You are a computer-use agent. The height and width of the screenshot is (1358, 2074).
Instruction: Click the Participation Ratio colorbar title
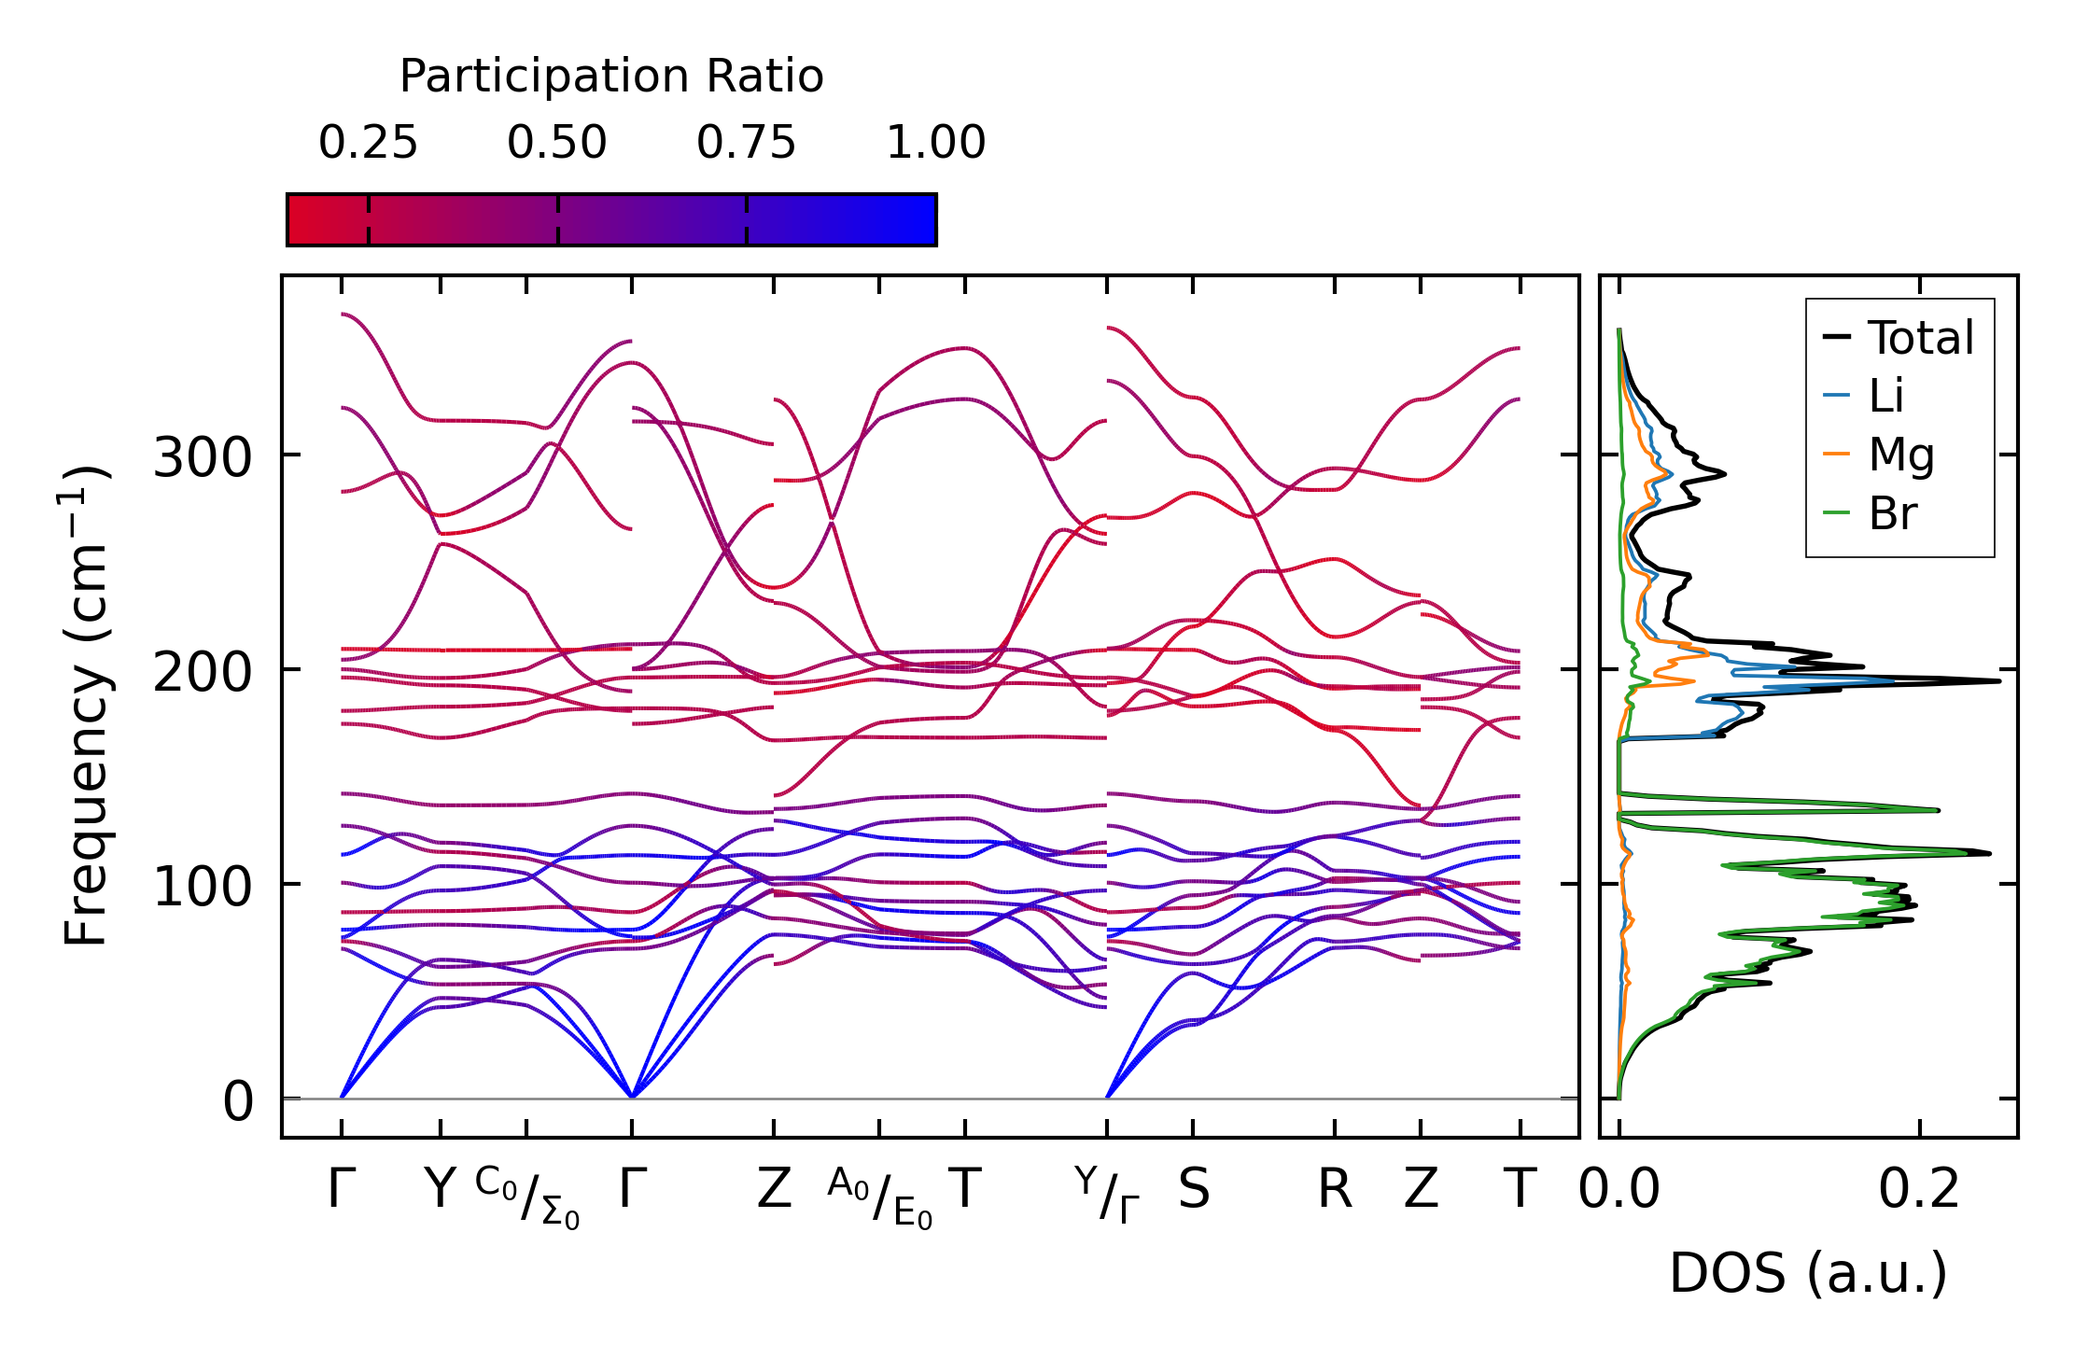tap(611, 77)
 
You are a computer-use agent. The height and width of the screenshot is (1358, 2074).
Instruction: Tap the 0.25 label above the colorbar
tap(368, 143)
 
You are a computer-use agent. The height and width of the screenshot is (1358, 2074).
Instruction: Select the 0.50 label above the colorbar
tap(557, 143)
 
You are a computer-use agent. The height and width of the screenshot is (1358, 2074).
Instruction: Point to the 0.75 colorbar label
tap(746, 143)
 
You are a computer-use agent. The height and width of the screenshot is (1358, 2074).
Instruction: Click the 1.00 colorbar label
tap(935, 143)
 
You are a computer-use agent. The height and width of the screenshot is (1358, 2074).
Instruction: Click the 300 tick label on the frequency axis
tap(203, 458)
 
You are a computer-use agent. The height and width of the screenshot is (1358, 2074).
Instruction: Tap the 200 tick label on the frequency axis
tap(203, 673)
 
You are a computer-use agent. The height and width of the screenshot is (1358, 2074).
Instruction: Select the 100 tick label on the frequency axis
tap(203, 888)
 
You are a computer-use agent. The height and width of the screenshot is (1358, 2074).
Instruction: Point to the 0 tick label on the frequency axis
tap(238, 1102)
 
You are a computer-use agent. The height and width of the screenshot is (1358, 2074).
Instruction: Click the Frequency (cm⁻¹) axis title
tap(86, 706)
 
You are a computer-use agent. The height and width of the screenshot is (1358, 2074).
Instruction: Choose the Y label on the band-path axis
tap(440, 1190)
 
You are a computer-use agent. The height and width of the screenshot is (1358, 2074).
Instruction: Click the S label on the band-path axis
tap(1194, 1190)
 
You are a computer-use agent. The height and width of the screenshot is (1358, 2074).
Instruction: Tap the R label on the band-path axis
tap(1335, 1190)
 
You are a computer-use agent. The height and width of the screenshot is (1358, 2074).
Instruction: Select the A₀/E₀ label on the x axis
tap(879, 1197)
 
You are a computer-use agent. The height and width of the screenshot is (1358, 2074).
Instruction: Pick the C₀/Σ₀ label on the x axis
tap(527, 1197)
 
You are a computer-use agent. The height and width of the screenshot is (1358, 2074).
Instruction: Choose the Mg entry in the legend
tap(1900, 455)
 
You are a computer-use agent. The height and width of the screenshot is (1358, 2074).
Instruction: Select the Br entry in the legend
tap(1892, 513)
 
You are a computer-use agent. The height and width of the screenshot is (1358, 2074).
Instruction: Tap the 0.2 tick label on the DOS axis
tap(1919, 1190)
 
